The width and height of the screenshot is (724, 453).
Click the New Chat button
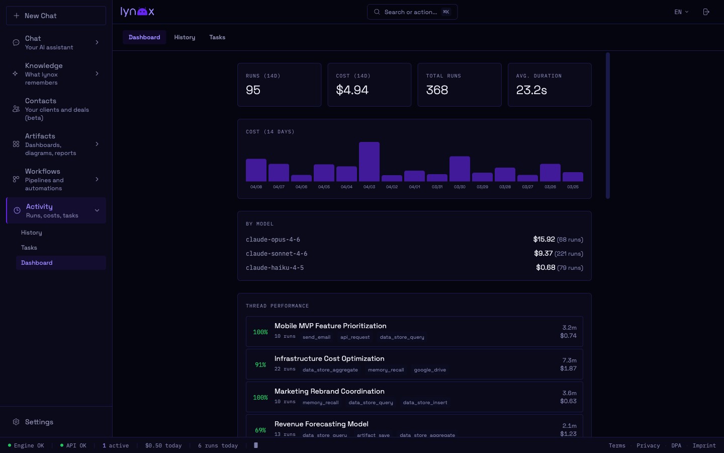click(x=56, y=16)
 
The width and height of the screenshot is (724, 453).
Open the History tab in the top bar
click(x=185, y=37)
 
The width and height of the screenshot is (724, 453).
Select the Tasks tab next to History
click(x=217, y=37)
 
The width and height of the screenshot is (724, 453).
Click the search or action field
click(x=412, y=12)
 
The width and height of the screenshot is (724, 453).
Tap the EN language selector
click(x=681, y=12)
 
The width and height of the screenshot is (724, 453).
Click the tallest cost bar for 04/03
click(x=369, y=162)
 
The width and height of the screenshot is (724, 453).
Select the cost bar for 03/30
click(x=460, y=169)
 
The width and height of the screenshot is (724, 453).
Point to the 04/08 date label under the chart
click(x=256, y=187)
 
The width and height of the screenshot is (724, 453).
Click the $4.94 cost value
click(x=352, y=90)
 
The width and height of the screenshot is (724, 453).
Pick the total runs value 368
click(x=437, y=90)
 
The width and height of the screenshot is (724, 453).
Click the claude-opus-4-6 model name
click(x=273, y=240)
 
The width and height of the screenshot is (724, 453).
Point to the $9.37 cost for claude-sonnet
click(x=543, y=254)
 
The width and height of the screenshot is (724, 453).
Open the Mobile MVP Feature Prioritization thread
click(x=330, y=326)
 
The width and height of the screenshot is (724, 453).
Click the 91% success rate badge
click(x=260, y=365)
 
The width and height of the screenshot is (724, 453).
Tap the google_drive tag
click(x=430, y=370)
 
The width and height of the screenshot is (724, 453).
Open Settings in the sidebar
click(x=39, y=422)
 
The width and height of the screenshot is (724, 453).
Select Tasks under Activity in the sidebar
click(x=29, y=248)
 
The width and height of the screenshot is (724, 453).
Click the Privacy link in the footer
click(x=648, y=445)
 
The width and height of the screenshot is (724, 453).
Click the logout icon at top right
click(x=706, y=12)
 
